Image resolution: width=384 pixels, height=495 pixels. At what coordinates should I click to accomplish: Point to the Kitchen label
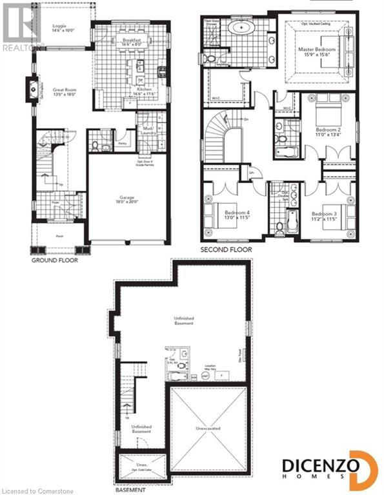click(145, 92)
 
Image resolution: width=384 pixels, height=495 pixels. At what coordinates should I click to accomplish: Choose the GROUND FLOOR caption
click(55, 261)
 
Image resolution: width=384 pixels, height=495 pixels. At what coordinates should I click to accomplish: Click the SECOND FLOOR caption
click(227, 249)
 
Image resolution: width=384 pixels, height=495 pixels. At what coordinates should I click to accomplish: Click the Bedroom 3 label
click(324, 215)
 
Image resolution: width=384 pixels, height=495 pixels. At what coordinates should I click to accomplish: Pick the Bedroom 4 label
click(237, 215)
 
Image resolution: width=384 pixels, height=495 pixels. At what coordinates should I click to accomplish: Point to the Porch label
click(59, 236)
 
